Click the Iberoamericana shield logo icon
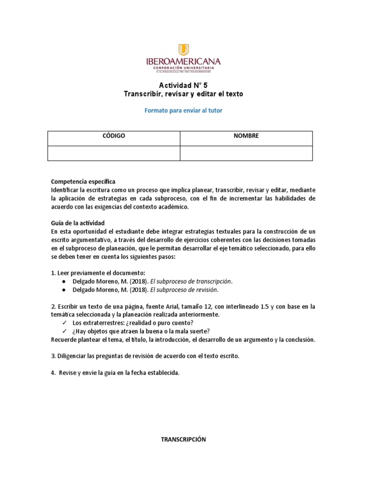coord(183,50)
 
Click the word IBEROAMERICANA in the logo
coord(183,61)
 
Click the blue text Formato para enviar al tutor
coord(183,110)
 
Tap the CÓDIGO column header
coord(114,136)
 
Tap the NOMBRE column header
coord(246,136)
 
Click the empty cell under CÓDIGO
coord(114,153)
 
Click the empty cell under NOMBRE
coord(246,153)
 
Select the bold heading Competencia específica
coord(83,182)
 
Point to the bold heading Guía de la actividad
coord(81,223)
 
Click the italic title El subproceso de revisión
coord(184,289)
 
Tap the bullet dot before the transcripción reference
coord(64,281)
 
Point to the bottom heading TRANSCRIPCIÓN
coord(183,440)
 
